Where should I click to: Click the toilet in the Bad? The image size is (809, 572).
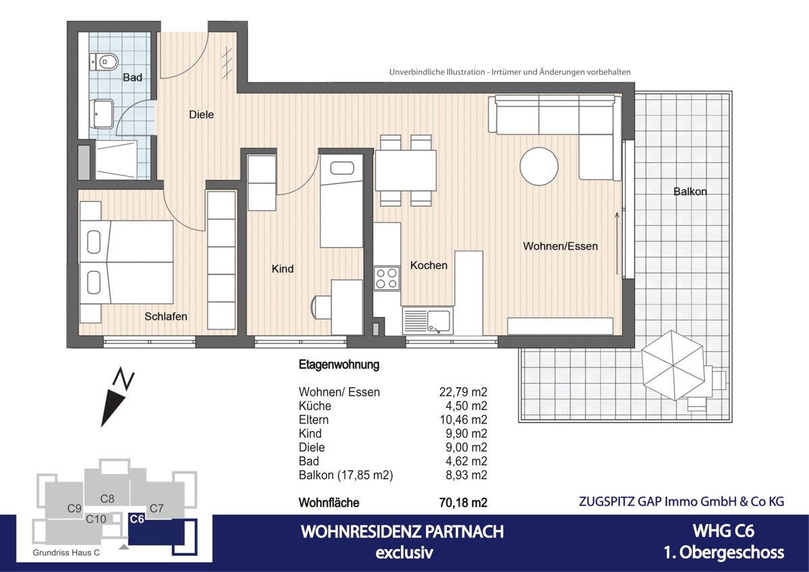click(x=102, y=61)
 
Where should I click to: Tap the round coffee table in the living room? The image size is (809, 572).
click(x=539, y=166)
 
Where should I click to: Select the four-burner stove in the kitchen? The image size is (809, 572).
click(x=386, y=279)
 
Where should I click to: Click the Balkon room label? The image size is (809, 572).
click(x=690, y=192)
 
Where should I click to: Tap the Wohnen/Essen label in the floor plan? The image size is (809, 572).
click(x=560, y=246)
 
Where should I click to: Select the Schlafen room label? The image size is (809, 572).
click(x=165, y=316)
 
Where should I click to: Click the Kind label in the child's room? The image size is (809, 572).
click(x=282, y=268)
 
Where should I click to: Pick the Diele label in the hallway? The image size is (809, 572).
click(x=201, y=115)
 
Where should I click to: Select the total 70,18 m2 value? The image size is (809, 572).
click(x=462, y=503)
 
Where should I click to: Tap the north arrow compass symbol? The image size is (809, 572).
click(x=116, y=398)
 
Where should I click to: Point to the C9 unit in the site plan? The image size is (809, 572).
click(x=74, y=508)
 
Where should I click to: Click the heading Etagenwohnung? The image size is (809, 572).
click(x=338, y=365)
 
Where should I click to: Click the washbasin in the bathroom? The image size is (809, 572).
click(x=104, y=115)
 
